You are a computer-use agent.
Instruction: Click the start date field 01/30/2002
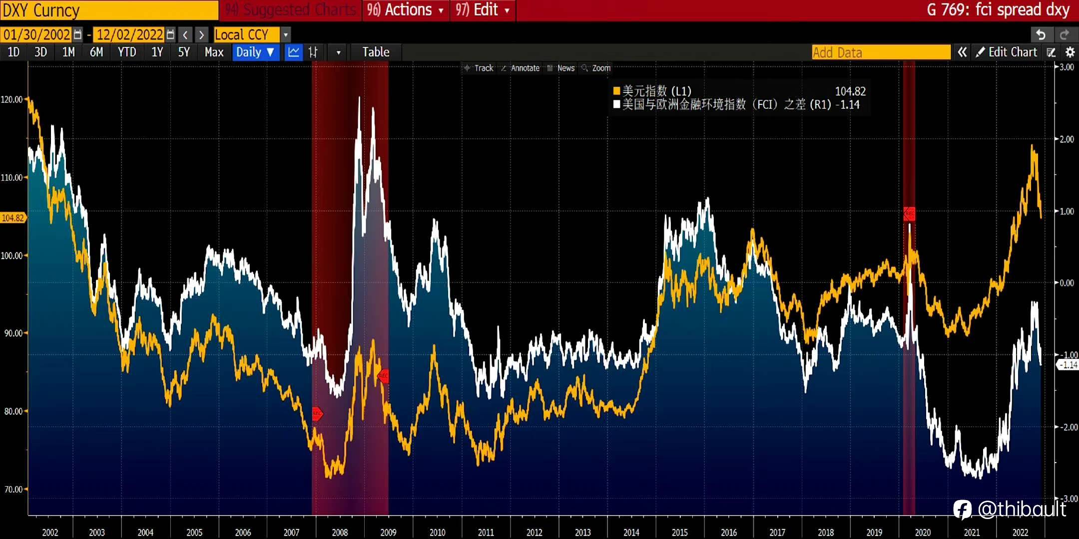point(36,34)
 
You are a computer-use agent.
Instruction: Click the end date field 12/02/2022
point(129,34)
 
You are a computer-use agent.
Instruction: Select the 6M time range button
point(96,52)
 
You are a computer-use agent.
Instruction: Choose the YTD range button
point(127,52)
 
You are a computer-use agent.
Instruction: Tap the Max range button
point(214,52)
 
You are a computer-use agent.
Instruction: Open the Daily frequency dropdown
point(255,52)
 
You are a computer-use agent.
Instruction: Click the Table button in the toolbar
point(376,52)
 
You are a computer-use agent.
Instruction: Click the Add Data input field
point(881,52)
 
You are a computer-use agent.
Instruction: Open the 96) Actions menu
point(405,10)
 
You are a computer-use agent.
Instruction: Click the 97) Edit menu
point(483,10)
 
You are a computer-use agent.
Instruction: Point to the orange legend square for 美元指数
point(616,91)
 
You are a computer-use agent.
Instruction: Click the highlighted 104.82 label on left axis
point(12,218)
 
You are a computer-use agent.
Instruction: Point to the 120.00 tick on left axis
point(11,99)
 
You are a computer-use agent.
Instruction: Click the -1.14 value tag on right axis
point(1068,365)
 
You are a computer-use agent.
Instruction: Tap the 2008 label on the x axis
point(340,532)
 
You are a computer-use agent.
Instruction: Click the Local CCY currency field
point(247,34)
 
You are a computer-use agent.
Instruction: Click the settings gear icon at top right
point(1070,52)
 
